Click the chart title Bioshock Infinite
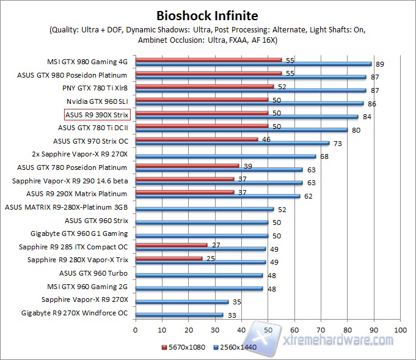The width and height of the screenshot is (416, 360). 207,15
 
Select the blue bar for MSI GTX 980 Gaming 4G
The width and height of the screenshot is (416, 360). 253,64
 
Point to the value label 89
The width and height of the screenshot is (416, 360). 379,64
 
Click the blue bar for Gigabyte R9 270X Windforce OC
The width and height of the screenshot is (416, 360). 179,315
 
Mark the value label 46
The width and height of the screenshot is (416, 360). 265,139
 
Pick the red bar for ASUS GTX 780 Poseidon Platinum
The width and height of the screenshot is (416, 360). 187,166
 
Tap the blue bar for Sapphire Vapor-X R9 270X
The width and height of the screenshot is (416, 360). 181,302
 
